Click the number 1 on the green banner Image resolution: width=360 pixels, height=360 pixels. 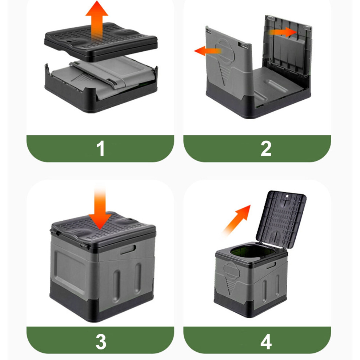pos(101,148)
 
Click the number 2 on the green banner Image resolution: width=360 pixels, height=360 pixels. pos(266,149)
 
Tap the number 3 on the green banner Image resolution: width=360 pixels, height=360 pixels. pos(101,342)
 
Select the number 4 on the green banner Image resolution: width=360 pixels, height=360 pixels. pos(266,342)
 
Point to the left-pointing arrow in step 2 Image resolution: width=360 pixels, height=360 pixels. pos(208,51)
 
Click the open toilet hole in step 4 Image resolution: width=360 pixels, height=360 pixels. pos(253,252)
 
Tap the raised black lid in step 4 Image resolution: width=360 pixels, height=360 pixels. pos(281,219)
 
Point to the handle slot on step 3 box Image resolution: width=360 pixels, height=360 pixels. pos(128,249)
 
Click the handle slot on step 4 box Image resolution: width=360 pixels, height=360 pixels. pos(271,265)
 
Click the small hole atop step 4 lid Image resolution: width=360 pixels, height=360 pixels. pos(287,196)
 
